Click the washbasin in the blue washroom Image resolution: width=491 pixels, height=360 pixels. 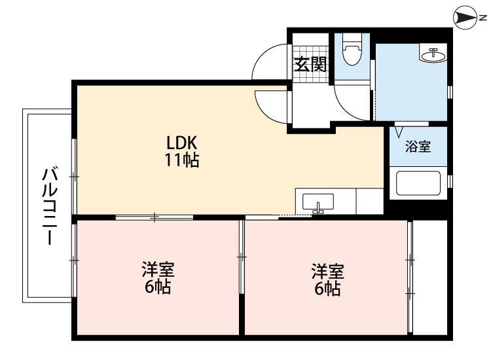tap(433, 54)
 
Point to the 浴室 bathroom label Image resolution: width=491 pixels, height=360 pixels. tap(418, 147)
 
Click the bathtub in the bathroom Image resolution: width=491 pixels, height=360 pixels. tap(418, 184)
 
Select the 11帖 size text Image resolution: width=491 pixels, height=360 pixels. tap(181, 160)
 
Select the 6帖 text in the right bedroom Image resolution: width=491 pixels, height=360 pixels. tap(327, 289)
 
